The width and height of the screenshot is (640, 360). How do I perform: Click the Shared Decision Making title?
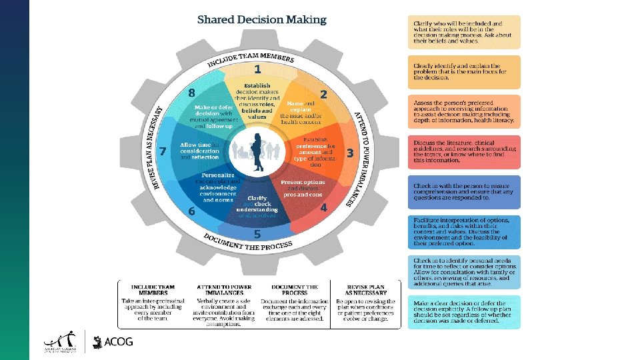pyautogui.click(x=262, y=19)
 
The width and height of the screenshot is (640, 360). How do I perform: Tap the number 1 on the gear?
pyautogui.click(x=257, y=69)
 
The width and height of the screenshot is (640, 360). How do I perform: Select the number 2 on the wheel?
pyautogui.click(x=323, y=95)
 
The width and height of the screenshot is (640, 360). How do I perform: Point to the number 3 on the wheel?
pyautogui.click(x=350, y=153)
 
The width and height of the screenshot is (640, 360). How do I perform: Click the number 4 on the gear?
pyautogui.click(x=323, y=207)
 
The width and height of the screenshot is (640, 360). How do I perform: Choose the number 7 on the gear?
pyautogui.click(x=191, y=93)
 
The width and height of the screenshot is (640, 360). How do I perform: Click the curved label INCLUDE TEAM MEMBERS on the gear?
pyautogui.click(x=251, y=58)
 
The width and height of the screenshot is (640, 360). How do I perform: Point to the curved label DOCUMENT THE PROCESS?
pyautogui.click(x=247, y=241)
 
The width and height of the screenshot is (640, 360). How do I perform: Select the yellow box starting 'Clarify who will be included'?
pyautogui.click(x=463, y=32)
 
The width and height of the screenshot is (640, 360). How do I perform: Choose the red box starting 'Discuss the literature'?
pyautogui.click(x=463, y=152)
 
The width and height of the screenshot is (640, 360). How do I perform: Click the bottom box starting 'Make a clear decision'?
pyautogui.click(x=463, y=313)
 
